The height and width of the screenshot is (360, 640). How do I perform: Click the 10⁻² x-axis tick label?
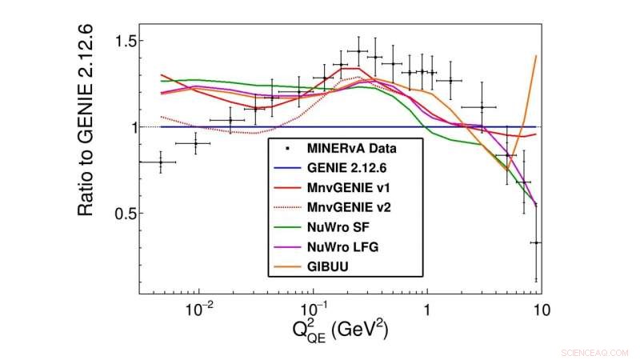point(198,310)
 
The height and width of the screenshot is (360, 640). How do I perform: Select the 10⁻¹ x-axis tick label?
point(312,310)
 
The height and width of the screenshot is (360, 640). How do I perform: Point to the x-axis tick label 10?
point(541,310)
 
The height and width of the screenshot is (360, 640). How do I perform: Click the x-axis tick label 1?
point(428,310)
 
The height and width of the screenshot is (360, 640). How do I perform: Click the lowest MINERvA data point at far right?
point(536,242)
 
